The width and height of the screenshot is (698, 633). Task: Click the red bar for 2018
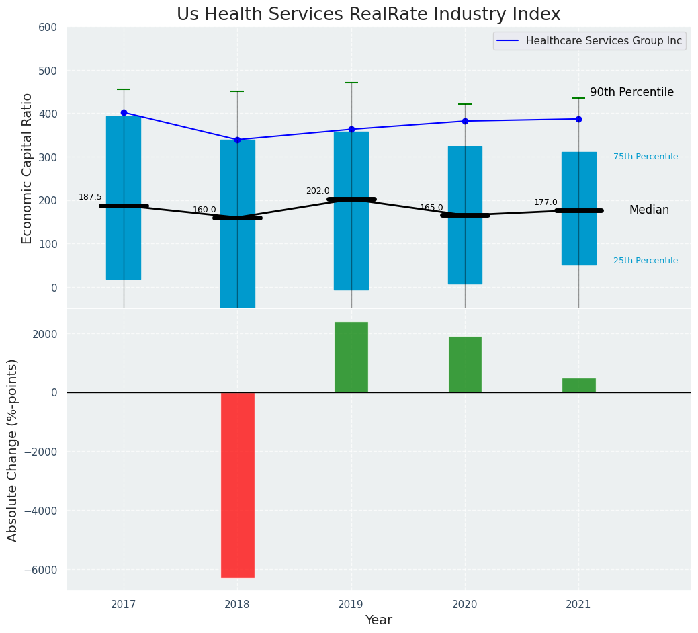tap(237, 484)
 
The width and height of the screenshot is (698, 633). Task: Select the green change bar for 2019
tap(351, 357)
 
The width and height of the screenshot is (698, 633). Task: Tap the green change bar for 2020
tap(465, 364)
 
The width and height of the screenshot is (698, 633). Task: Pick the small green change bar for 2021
tap(578, 385)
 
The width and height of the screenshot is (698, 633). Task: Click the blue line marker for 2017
tap(124, 113)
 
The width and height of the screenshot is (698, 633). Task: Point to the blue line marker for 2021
tap(578, 119)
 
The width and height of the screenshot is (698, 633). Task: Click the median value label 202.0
tap(318, 191)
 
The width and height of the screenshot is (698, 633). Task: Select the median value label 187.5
tap(90, 197)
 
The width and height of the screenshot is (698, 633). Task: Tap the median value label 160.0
tap(204, 210)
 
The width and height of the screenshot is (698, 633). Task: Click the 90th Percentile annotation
tap(631, 93)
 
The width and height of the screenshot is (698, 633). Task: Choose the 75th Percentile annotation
tap(645, 157)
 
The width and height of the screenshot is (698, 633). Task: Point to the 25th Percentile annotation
tap(645, 261)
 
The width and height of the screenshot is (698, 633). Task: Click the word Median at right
tap(649, 210)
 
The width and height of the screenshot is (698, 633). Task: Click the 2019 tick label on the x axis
tap(351, 605)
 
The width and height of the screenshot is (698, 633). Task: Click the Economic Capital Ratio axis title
tap(28, 168)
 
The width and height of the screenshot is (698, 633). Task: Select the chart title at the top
tap(368, 15)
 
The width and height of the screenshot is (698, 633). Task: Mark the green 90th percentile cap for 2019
tap(351, 83)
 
